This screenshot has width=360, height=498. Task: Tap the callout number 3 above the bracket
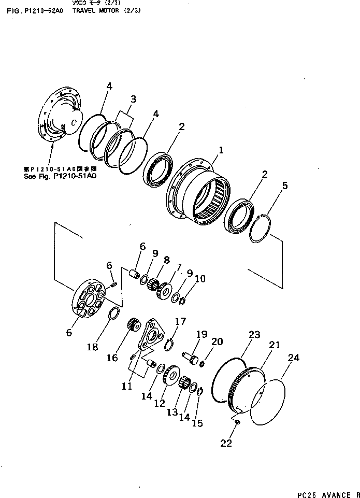click(x=133, y=99)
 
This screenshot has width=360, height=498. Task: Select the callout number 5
click(x=285, y=185)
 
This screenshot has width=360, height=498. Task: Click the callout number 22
click(x=226, y=443)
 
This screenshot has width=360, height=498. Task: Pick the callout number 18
click(x=92, y=347)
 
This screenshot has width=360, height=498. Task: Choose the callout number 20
click(x=218, y=342)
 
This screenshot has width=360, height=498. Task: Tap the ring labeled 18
click(x=114, y=315)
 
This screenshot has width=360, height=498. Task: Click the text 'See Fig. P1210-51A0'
click(x=60, y=176)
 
